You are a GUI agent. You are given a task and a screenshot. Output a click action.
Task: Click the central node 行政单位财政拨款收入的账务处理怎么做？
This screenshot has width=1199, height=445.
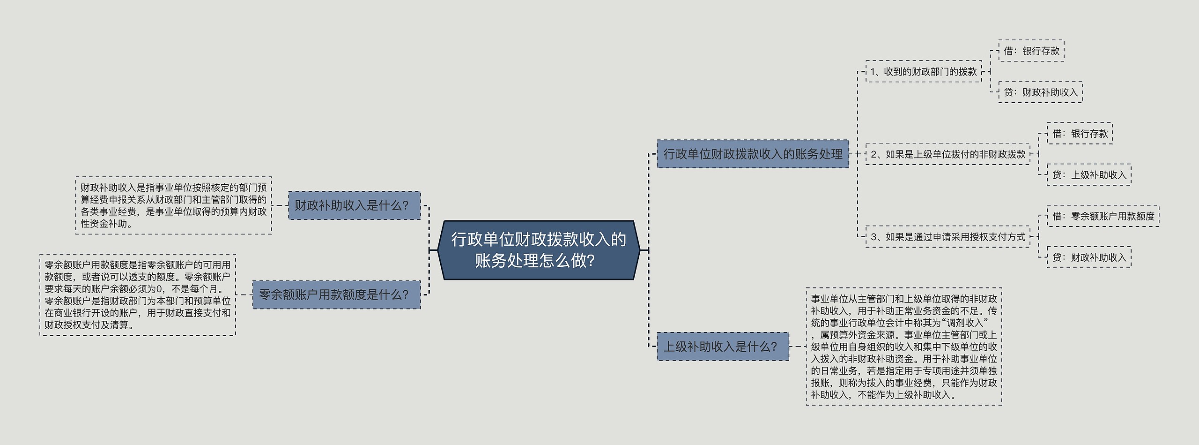(x=539, y=250)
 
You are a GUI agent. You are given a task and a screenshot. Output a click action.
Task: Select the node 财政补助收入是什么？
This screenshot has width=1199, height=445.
(x=354, y=205)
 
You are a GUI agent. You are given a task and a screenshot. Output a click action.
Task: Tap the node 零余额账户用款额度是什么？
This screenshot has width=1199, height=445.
(x=336, y=294)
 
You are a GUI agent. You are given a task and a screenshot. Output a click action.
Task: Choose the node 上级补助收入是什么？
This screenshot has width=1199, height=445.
(x=723, y=347)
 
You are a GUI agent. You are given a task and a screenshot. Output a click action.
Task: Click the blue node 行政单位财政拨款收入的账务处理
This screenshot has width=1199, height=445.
(x=753, y=154)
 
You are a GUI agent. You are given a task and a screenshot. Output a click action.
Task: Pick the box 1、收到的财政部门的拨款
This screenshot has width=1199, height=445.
(x=924, y=71)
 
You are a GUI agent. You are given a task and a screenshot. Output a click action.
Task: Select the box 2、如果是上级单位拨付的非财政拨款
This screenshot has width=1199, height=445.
(x=948, y=154)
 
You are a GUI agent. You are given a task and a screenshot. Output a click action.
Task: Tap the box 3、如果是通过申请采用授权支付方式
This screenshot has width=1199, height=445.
(x=948, y=237)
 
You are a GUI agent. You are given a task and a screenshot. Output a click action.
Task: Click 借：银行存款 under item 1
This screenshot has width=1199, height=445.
(x=1031, y=51)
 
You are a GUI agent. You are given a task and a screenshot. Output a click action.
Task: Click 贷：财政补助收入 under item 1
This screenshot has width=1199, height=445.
(x=1041, y=92)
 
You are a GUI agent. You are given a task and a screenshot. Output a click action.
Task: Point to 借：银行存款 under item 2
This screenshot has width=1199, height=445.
(x=1080, y=133)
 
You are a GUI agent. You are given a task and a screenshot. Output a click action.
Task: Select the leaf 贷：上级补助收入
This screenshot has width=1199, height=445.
(x=1089, y=174)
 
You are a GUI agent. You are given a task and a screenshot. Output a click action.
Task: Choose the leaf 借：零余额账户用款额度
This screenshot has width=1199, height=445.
(x=1103, y=216)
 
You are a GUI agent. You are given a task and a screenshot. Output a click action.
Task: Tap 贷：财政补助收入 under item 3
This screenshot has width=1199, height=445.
(x=1089, y=257)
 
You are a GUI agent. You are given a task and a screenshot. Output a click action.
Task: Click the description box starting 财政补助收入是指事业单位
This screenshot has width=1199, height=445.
(x=173, y=205)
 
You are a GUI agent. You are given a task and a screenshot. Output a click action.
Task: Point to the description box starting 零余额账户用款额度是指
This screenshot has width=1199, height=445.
(x=138, y=294)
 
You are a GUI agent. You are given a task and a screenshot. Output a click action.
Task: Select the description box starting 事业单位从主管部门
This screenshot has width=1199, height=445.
(x=904, y=347)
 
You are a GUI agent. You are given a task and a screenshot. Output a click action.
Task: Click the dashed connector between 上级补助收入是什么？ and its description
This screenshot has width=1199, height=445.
(x=797, y=347)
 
